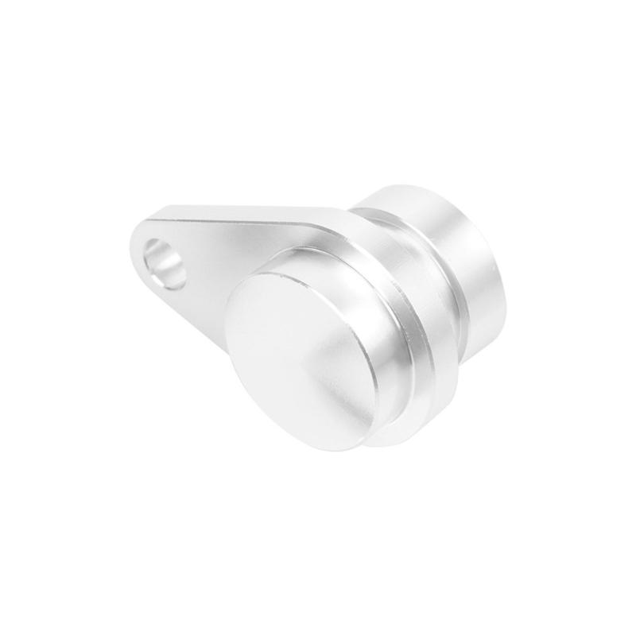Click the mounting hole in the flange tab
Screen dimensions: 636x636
[164, 262]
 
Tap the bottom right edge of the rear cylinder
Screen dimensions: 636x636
[493, 318]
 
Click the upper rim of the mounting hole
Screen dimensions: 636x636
[164, 241]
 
